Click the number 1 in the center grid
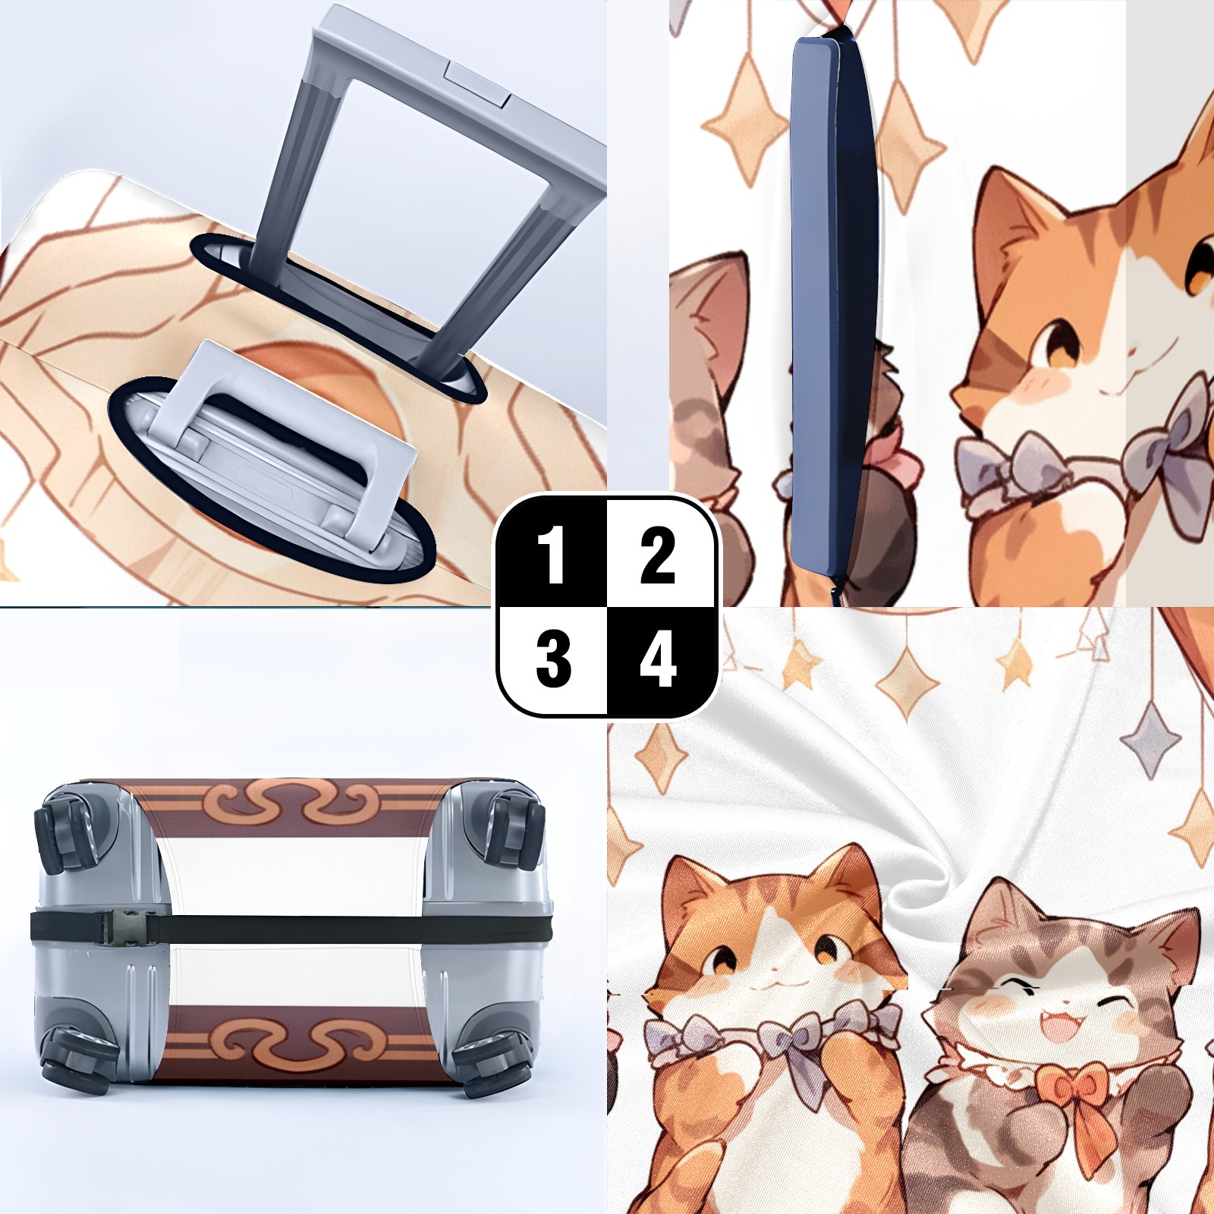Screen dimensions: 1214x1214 point(552,556)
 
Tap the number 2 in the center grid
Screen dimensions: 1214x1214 point(657,556)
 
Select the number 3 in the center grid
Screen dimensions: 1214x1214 point(553,659)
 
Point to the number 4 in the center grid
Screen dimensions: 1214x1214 point(658,659)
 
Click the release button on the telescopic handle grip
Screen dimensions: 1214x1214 point(479,84)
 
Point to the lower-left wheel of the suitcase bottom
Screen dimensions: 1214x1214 point(72,1058)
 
